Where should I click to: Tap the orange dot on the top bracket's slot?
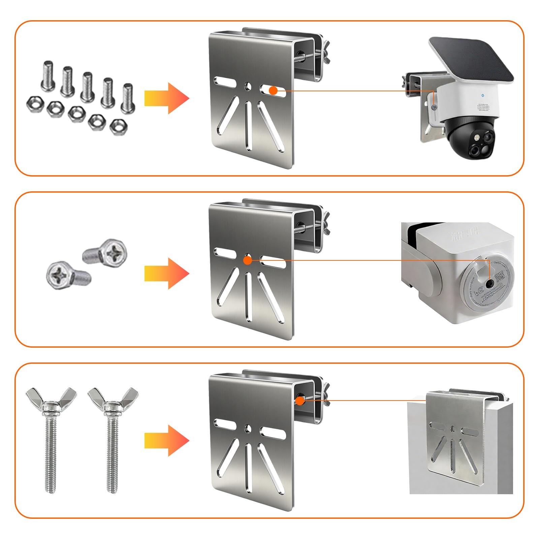273,90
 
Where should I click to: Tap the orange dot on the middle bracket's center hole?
247,260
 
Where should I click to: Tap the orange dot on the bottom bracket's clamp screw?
299,401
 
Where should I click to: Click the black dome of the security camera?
468,138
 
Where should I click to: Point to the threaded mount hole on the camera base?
489,284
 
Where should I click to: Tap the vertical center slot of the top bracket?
248,125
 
